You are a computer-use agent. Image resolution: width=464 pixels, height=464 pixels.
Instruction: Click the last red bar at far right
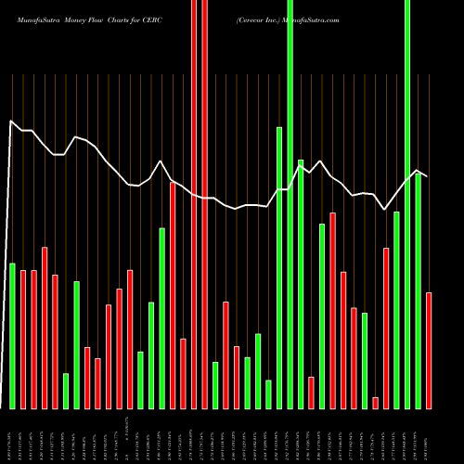(429, 351)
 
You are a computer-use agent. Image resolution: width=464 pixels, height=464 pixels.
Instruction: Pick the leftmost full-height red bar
(194, 204)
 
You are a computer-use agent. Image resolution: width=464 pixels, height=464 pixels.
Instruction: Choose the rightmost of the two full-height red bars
(204, 204)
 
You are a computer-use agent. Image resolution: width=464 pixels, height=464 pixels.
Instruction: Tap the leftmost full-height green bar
(290, 204)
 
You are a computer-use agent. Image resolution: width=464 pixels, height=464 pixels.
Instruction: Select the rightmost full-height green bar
(407, 204)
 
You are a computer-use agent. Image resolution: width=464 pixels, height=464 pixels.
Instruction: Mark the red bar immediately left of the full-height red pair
(184, 374)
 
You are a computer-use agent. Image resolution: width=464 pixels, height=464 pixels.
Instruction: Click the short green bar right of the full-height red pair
(215, 385)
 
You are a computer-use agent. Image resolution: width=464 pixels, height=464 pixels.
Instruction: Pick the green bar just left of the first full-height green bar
(279, 267)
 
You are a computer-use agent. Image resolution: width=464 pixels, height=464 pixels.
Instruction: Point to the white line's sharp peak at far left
(11, 121)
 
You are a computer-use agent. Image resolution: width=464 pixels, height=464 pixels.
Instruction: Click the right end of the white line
(428, 175)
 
